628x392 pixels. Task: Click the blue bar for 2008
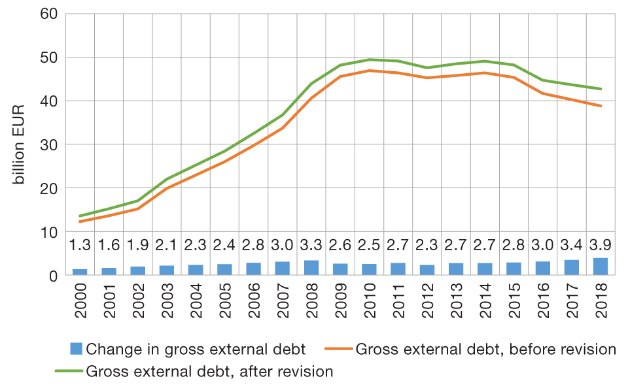pos(311,268)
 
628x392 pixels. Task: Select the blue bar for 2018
pos(601,267)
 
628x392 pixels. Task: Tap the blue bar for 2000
pos(80,272)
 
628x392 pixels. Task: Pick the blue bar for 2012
pos(427,270)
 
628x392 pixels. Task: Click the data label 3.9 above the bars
pos(601,246)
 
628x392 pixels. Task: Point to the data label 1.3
pos(80,246)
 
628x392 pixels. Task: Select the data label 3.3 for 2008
pos(311,246)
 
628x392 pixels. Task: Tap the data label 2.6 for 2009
pos(340,246)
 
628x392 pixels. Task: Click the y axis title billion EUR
pos(20,144)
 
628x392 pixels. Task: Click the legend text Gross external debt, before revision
pos(485,349)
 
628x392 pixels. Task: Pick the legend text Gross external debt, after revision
pos(209,372)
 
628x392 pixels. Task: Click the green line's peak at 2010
pos(370,59)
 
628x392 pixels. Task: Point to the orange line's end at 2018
pos(601,106)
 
